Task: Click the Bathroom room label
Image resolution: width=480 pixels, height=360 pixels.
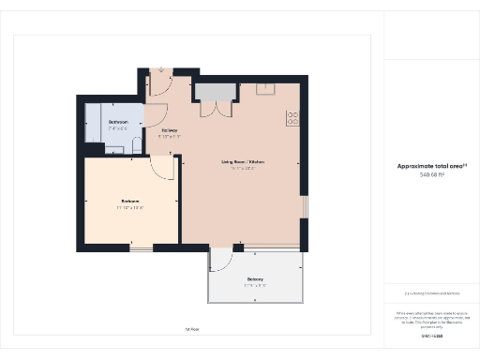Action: [118, 122]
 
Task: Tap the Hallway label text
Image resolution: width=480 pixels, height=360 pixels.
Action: [170, 129]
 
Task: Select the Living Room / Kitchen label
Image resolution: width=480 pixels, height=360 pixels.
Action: [243, 162]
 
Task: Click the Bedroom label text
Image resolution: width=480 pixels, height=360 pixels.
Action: [130, 201]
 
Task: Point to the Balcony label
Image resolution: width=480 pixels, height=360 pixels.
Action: [255, 279]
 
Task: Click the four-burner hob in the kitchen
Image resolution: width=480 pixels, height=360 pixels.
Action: [292, 118]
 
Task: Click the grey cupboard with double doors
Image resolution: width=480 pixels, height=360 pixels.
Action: [217, 91]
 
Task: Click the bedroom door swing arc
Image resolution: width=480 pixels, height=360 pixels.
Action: [163, 169]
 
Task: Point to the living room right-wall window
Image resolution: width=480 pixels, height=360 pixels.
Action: [303, 209]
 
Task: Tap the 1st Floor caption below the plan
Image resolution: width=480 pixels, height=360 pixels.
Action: [191, 328]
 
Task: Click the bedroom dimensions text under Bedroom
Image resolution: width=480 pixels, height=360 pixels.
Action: [130, 207]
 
